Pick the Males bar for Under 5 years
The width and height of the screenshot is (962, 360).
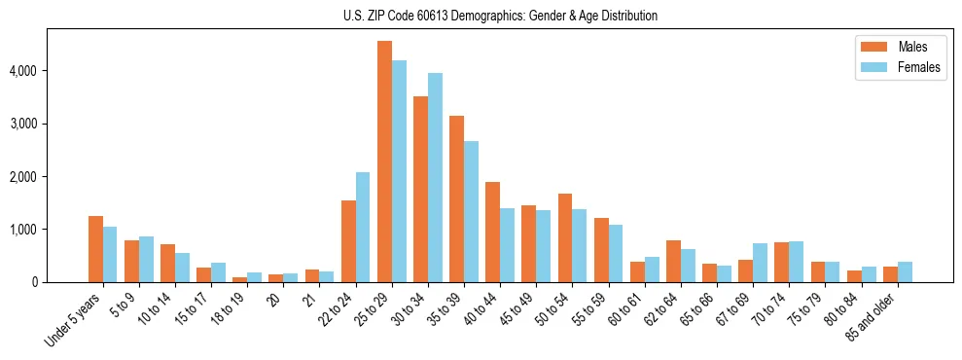tap(95, 249)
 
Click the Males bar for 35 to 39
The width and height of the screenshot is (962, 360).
tap(456, 198)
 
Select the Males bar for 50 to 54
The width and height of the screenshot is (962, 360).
tap(565, 237)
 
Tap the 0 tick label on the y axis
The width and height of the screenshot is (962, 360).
tap(35, 282)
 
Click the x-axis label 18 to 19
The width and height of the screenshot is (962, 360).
tap(229, 308)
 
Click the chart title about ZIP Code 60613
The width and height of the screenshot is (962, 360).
tap(500, 16)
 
